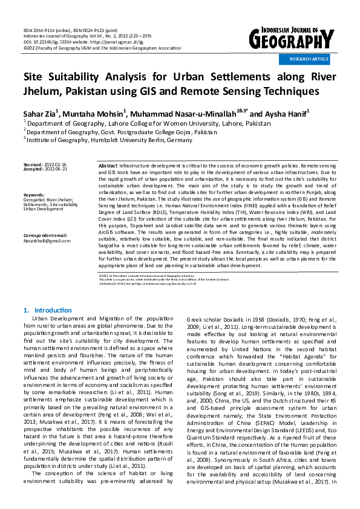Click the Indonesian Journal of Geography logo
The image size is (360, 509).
(290, 37)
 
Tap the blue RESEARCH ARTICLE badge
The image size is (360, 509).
(309, 59)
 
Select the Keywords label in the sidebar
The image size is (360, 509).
(34, 195)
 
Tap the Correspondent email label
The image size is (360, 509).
(45, 235)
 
